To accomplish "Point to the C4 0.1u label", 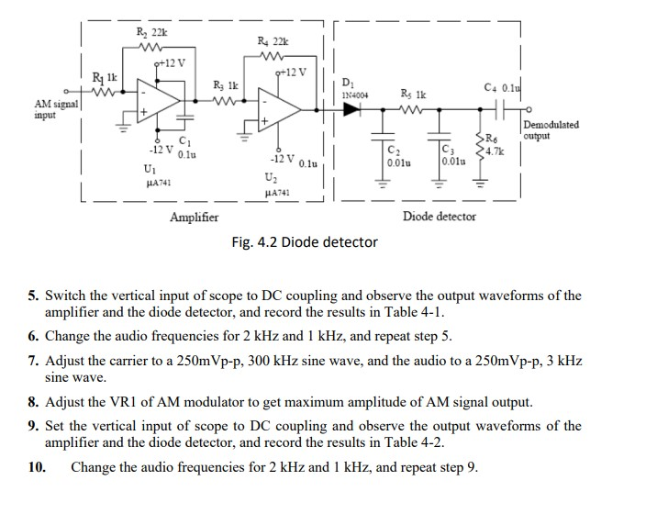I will [x=502, y=87].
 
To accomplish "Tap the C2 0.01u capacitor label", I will [x=395, y=156].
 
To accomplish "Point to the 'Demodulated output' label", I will [x=551, y=130].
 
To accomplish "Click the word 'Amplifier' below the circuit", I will [x=194, y=218].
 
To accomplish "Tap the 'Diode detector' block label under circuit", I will [x=440, y=217].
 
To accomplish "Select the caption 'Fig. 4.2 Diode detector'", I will [x=305, y=242].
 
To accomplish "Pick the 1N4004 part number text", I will [x=353, y=94].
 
